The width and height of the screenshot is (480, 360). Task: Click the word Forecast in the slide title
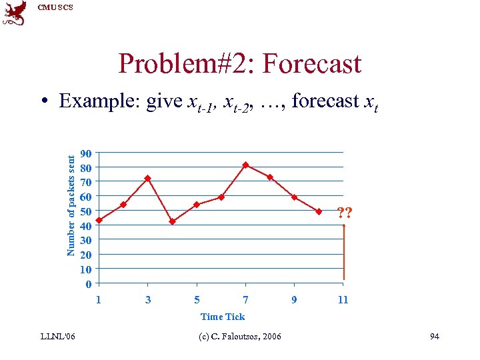312,64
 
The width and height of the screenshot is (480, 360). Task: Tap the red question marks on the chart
345,213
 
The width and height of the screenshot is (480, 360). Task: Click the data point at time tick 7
245,165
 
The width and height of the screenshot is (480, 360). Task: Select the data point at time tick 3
147,178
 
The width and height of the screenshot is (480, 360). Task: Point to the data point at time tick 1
99,220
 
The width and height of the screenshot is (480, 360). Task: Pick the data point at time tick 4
172,221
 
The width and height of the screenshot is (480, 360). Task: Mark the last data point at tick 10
319,211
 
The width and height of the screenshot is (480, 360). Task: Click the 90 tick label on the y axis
85,153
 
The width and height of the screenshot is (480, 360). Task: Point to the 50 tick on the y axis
85,211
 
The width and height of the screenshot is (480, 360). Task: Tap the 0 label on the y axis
88,285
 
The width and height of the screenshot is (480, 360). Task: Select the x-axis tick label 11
343,300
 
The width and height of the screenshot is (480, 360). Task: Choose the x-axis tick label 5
197,300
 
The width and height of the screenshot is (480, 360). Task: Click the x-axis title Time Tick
223,317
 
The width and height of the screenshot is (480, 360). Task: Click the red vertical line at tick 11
344,253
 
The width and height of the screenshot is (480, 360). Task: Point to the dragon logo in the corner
15,13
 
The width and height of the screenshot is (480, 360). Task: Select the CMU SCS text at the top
55,7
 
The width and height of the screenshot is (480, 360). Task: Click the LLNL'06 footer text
57,336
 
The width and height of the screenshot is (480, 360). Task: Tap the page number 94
434,336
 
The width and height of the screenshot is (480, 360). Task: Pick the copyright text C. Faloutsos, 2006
240,336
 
